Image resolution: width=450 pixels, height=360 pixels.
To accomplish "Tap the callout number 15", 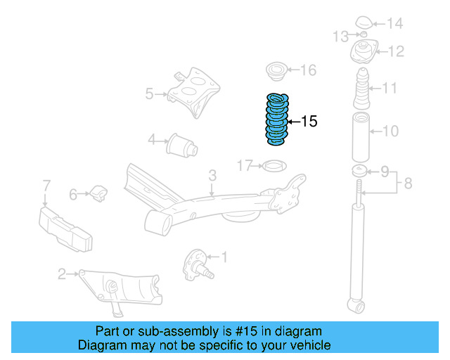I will (309, 122).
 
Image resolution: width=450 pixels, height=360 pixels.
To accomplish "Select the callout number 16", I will (309, 70).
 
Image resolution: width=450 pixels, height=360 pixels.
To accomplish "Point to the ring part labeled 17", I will (273, 167).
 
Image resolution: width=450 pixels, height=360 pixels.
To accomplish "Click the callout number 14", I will (394, 24).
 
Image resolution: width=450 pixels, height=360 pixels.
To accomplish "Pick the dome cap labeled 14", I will (365, 22).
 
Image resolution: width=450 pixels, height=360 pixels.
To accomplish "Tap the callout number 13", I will (340, 36).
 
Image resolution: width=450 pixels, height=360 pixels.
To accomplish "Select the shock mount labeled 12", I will (364, 53).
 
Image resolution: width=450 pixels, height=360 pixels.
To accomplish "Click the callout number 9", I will (385, 171).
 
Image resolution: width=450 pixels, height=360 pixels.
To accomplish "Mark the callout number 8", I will (409, 186).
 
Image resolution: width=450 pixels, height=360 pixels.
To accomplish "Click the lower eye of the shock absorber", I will (356, 305).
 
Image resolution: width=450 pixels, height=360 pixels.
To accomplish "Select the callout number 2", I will (62, 274).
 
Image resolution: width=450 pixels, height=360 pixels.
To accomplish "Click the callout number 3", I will (212, 175).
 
